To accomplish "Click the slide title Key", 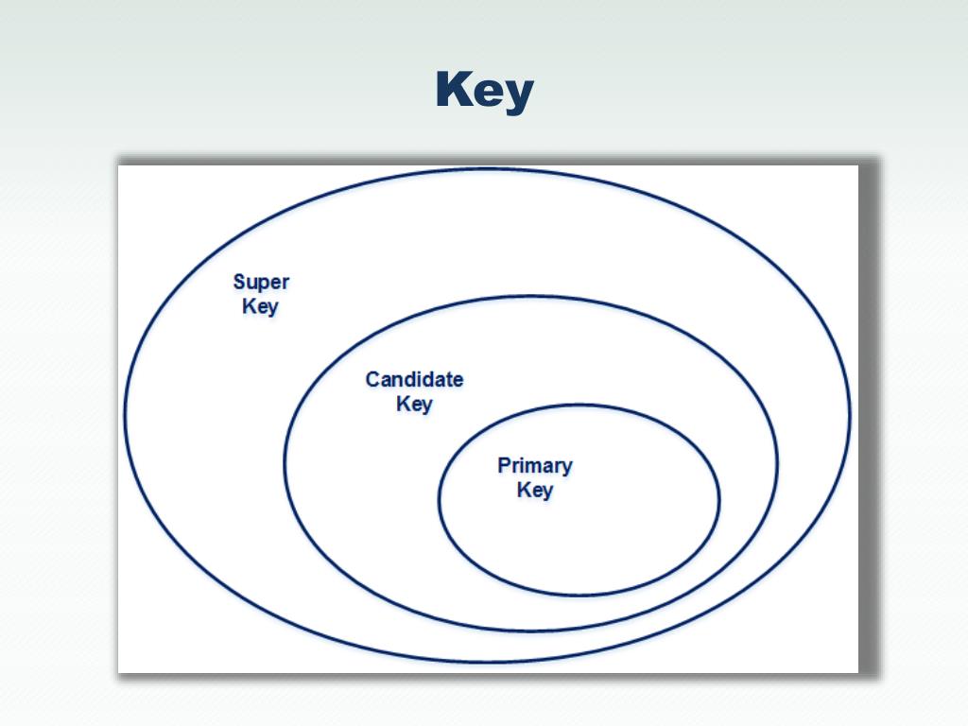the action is [484, 92].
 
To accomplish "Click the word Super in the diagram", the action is [261, 282].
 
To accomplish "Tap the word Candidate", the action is [414, 379].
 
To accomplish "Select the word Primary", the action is [534, 465].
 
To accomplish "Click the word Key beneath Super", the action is [260, 306].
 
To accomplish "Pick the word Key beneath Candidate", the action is [414, 404].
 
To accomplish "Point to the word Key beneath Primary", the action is [534, 490].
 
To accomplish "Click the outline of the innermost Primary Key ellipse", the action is [439, 499].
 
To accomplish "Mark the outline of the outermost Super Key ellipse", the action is [125, 413].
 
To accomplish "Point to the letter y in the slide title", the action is [519, 95].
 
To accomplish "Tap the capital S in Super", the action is [239, 282].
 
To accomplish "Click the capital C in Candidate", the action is [372, 379].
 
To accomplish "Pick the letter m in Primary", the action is [537, 466].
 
